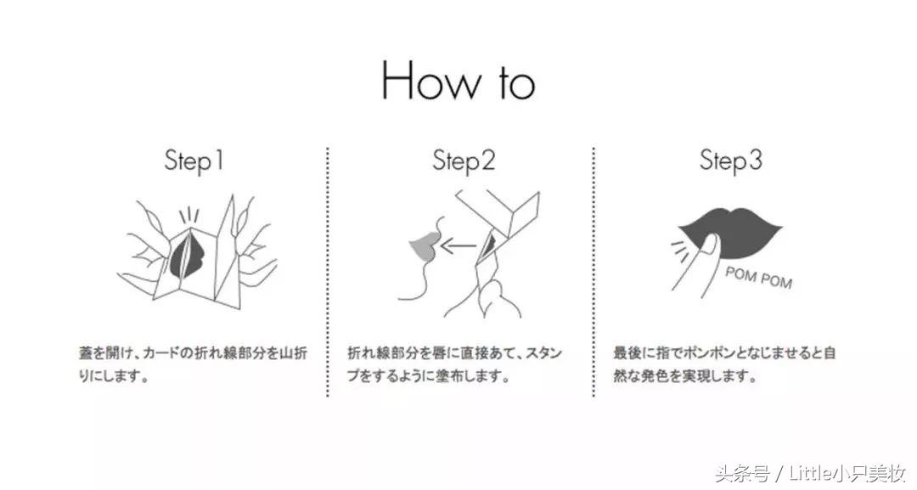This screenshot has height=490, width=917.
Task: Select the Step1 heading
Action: [x=194, y=161]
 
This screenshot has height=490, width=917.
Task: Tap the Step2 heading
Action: [x=464, y=161]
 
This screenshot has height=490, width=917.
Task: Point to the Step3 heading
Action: [x=731, y=161]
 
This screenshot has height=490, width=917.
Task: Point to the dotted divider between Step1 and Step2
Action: [x=328, y=272]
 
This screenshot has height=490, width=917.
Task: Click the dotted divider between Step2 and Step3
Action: [x=594, y=272]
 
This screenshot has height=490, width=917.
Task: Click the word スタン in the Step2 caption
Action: [x=544, y=353]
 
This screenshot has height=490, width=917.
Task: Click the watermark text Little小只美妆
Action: [x=847, y=473]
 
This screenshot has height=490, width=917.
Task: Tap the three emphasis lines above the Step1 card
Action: [x=188, y=216]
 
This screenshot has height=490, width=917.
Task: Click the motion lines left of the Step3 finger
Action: [x=679, y=249]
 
